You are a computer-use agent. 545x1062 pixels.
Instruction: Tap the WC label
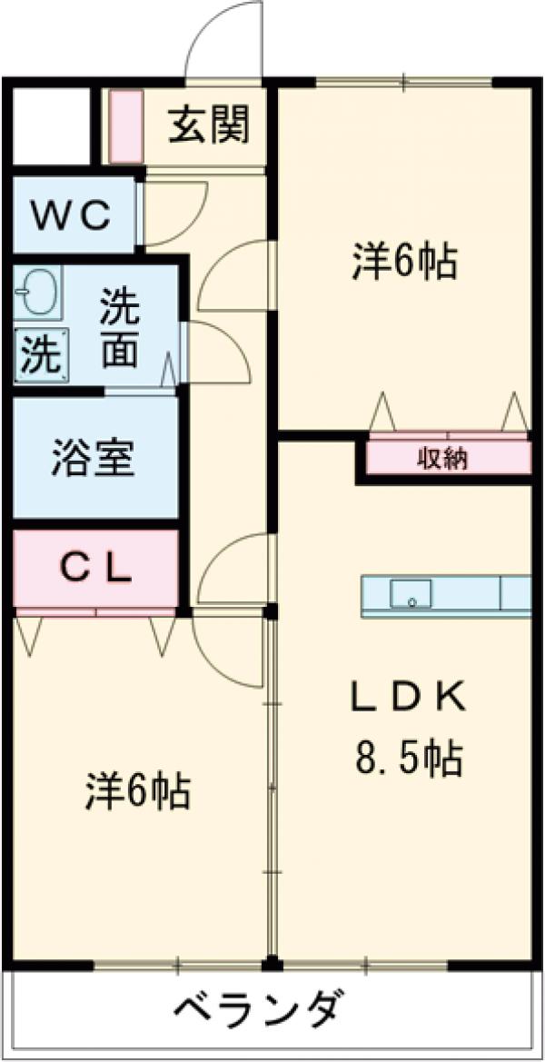tap(72, 215)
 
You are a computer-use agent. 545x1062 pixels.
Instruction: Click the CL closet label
tap(96, 570)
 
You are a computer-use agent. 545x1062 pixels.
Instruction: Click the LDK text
tap(408, 698)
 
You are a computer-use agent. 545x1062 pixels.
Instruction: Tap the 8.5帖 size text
tap(408, 757)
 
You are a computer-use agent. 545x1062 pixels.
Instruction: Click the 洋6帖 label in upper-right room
tap(404, 263)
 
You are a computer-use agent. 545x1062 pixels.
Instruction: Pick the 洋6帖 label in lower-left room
tap(138, 791)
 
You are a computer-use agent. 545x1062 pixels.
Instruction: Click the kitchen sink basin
tap(411, 594)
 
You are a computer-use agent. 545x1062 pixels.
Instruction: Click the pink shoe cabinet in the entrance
tap(126, 126)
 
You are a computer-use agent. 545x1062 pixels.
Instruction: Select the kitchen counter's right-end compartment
tap(515, 594)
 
